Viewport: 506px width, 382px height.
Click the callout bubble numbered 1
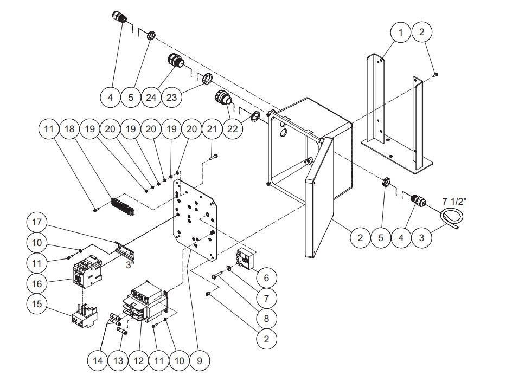pyautogui.click(x=401, y=33)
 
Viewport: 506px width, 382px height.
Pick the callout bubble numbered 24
pyautogui.click(x=151, y=98)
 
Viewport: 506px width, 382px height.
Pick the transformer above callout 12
pyautogui.click(x=146, y=301)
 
